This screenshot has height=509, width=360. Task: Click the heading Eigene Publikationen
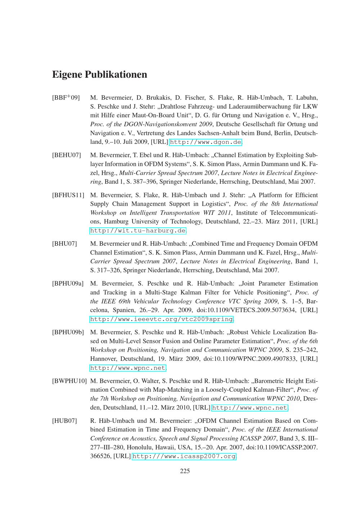point(100,75)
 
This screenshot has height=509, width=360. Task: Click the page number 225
point(185,471)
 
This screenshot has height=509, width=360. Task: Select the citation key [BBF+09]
point(66,97)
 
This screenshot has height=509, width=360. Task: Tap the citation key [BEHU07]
point(67,155)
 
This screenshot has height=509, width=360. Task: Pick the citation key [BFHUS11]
point(68,195)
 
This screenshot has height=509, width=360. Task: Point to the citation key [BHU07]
point(65,244)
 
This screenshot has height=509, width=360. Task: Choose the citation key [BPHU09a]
point(68,284)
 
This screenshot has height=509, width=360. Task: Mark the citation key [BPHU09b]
point(68,332)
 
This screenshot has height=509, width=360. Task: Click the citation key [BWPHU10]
point(69,381)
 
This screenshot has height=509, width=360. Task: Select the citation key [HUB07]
point(65,421)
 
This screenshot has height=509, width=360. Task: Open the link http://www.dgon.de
point(205,142)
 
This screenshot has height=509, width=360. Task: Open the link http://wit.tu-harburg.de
point(138,231)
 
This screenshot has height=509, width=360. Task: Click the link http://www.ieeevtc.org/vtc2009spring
point(161,319)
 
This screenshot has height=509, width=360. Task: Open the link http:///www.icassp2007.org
point(184,456)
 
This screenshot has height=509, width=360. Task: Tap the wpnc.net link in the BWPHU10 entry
point(250,408)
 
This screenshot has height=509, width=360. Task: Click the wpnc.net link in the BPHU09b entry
point(128,368)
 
